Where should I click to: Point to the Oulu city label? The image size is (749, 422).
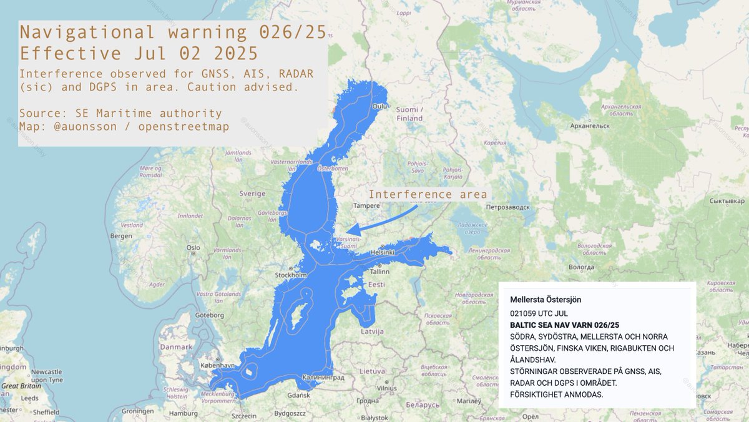point(381,107)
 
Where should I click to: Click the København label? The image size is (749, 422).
point(219,365)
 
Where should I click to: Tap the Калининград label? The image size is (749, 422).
point(323,378)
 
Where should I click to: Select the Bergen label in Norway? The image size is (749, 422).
point(121,236)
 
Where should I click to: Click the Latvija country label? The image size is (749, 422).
point(372,331)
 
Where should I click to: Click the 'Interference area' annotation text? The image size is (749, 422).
point(428,194)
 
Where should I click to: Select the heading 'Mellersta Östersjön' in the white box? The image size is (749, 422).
point(546,300)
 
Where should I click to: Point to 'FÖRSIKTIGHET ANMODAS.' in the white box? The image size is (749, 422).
point(556,395)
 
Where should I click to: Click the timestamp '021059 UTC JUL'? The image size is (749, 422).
point(539,313)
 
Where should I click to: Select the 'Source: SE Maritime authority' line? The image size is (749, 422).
point(120,114)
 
